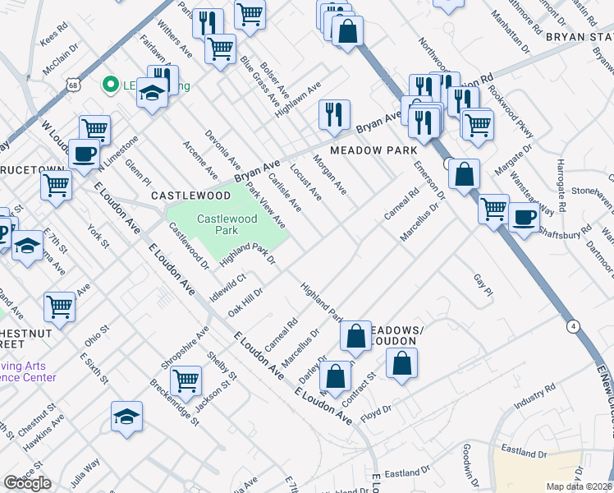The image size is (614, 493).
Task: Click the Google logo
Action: (x=27, y=483)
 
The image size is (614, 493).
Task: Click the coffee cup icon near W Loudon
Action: (x=84, y=154)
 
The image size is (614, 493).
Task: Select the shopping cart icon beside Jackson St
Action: (x=187, y=380)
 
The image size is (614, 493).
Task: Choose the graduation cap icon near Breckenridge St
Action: (x=127, y=415)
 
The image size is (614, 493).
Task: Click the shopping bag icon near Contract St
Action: (x=401, y=362)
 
